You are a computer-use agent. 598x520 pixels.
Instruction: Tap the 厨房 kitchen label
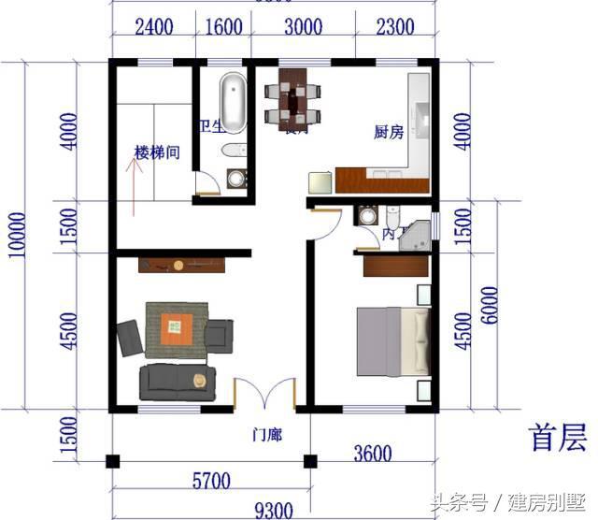point(388,133)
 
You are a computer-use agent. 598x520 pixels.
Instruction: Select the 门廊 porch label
point(267,435)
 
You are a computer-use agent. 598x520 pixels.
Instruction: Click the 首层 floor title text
point(558,437)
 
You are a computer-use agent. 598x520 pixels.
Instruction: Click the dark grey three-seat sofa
point(178,382)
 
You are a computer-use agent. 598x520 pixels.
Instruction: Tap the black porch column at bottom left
point(113,461)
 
